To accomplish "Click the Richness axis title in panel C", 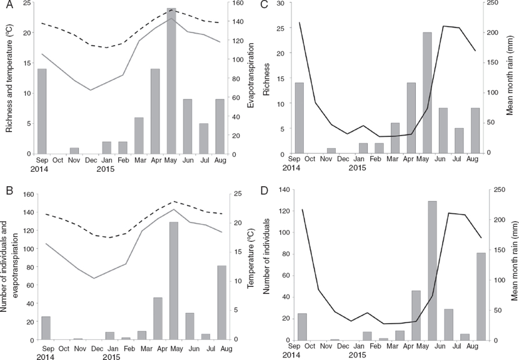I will point(267,78).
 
